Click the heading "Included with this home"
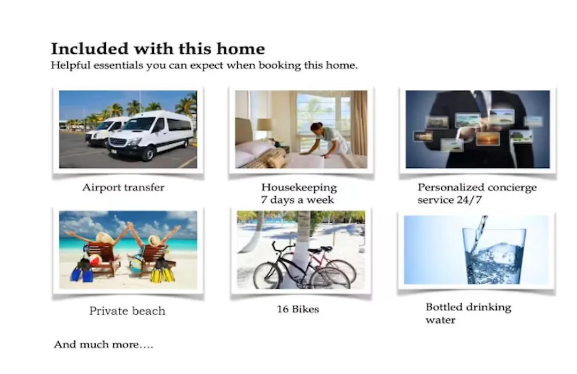[158, 49]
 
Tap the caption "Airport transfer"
[123, 188]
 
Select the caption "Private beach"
[127, 311]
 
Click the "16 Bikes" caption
[298, 309]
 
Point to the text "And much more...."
[104, 345]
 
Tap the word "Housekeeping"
[299, 188]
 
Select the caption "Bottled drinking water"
[468, 313]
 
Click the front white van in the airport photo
[151, 135]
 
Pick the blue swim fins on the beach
[83, 270]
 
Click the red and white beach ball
[95, 260]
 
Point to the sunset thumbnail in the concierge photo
[488, 139]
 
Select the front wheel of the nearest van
[148, 154]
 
